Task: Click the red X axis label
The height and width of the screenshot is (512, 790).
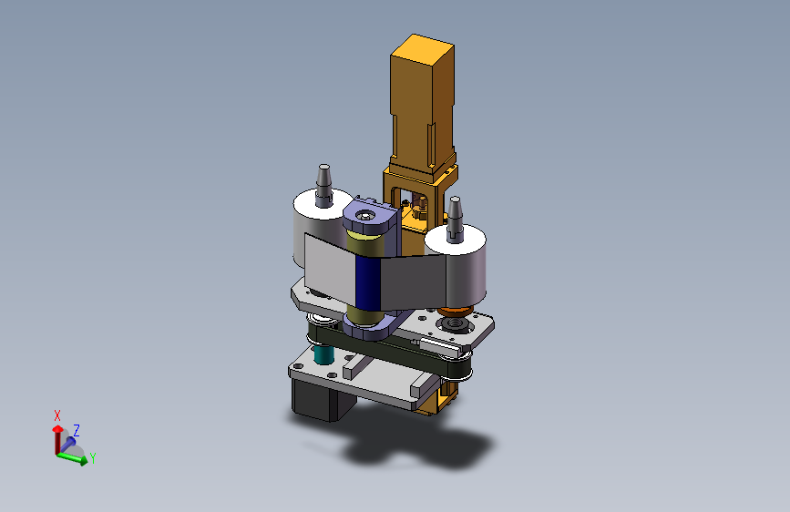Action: tap(57, 415)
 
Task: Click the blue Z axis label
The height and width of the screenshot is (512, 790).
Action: tap(77, 430)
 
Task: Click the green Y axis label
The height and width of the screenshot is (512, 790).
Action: tap(93, 458)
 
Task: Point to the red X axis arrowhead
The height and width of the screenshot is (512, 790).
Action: tap(58, 429)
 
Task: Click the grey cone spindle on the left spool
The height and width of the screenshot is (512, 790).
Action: tap(324, 186)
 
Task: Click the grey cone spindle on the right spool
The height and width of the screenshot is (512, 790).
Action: tap(455, 218)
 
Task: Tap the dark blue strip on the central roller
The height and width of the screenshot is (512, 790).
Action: tap(367, 282)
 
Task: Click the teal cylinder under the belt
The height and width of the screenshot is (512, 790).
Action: tap(323, 354)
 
